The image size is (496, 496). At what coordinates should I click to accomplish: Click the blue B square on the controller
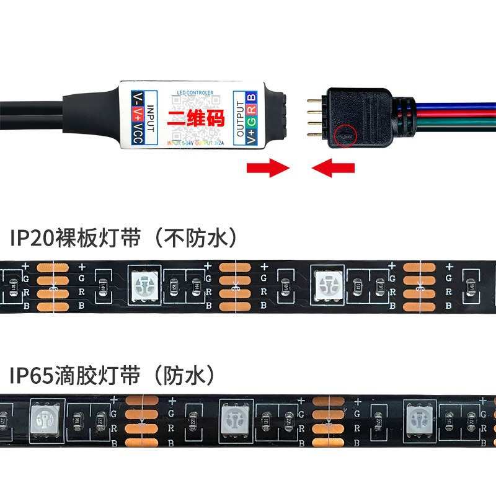click(x=252, y=98)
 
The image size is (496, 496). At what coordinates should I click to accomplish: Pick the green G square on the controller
click(x=252, y=125)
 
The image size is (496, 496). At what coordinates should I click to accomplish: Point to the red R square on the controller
click(x=252, y=112)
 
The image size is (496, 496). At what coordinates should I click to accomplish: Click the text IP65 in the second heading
click(x=32, y=374)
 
